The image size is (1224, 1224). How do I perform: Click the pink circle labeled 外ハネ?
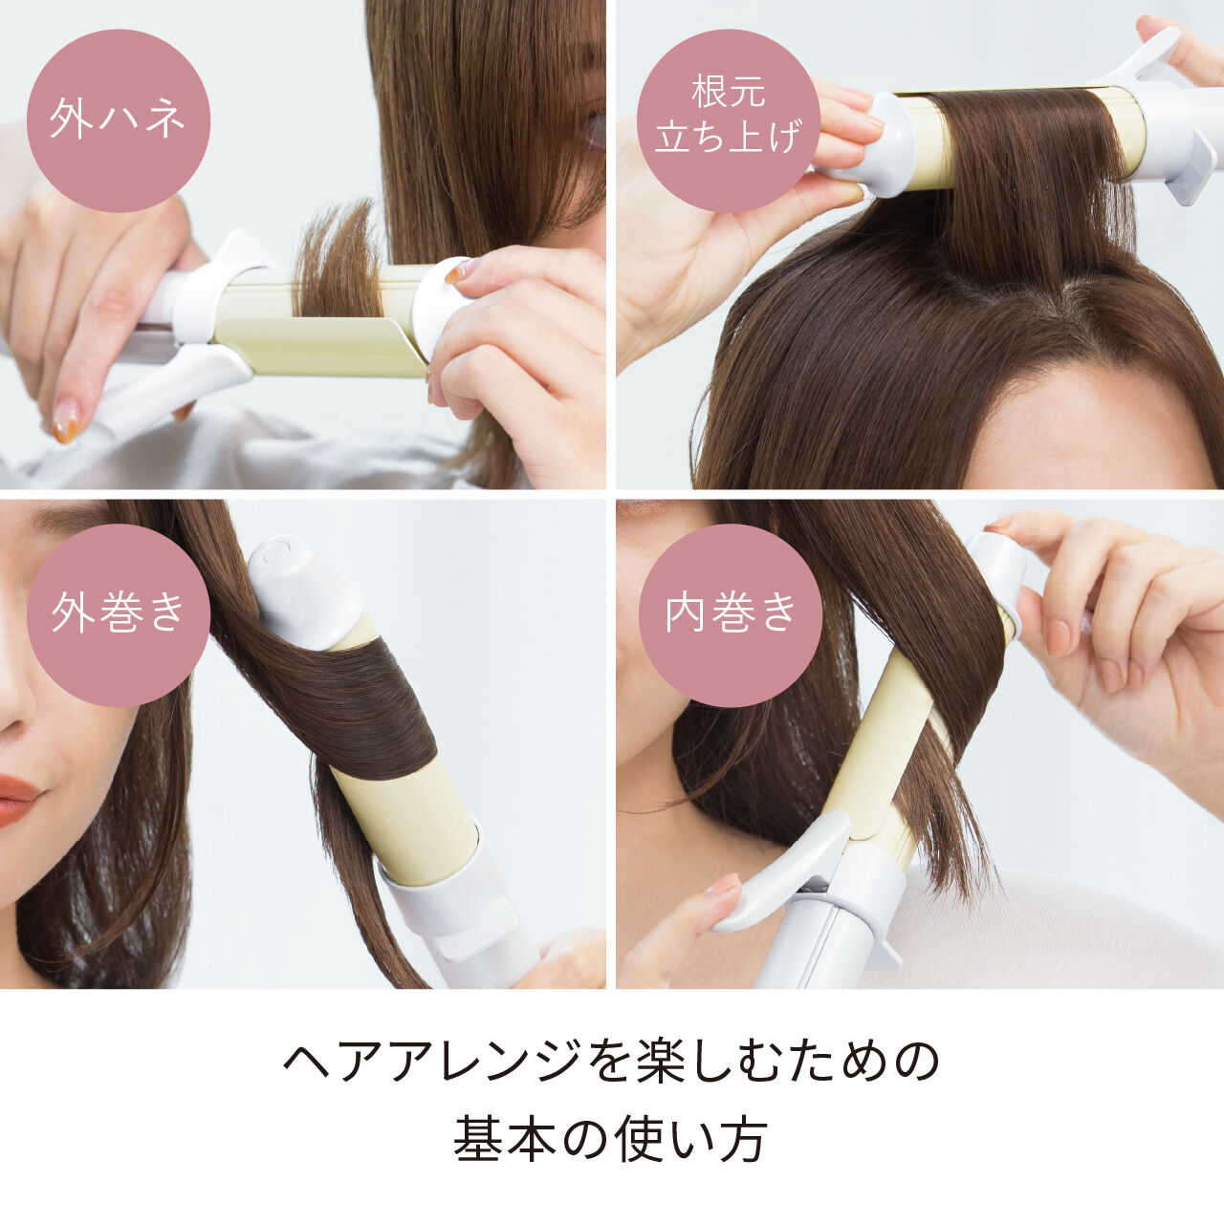coord(118,120)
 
